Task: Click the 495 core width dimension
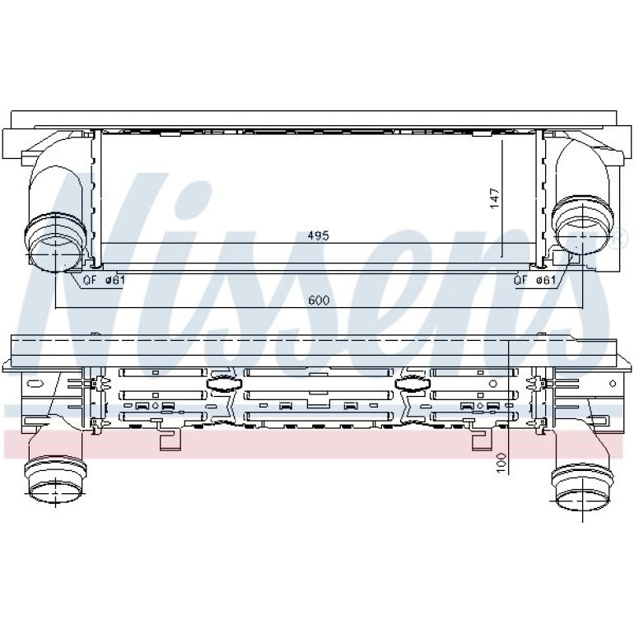319,235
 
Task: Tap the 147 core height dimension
495,198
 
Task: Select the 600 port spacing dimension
319,300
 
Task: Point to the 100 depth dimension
501,463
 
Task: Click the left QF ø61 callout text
104,280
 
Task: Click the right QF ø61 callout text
535,280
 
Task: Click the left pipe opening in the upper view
56,254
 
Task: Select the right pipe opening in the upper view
582,237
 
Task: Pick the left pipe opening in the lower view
55,493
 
